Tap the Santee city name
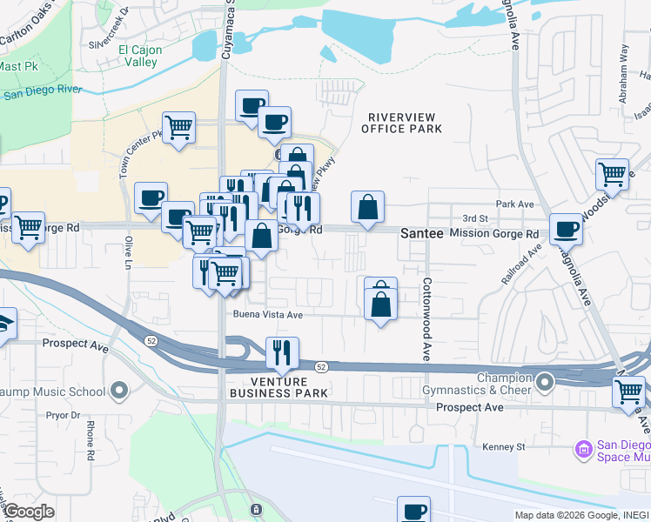pos(423,234)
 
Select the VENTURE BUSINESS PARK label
pos(279,387)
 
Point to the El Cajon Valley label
pos(139,57)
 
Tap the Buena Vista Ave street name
pos(266,315)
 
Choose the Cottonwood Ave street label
pos(427,320)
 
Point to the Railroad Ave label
pos(520,263)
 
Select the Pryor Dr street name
pos(63,416)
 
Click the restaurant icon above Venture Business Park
pos(281,352)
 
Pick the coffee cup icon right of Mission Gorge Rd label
pos(566,229)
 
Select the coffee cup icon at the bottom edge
pos(414,510)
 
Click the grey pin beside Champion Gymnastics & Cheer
pos(545,382)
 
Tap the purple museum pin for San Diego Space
pos(583,449)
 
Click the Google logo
pos(29,512)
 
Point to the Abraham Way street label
pos(623,64)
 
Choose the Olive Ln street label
pos(128,252)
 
